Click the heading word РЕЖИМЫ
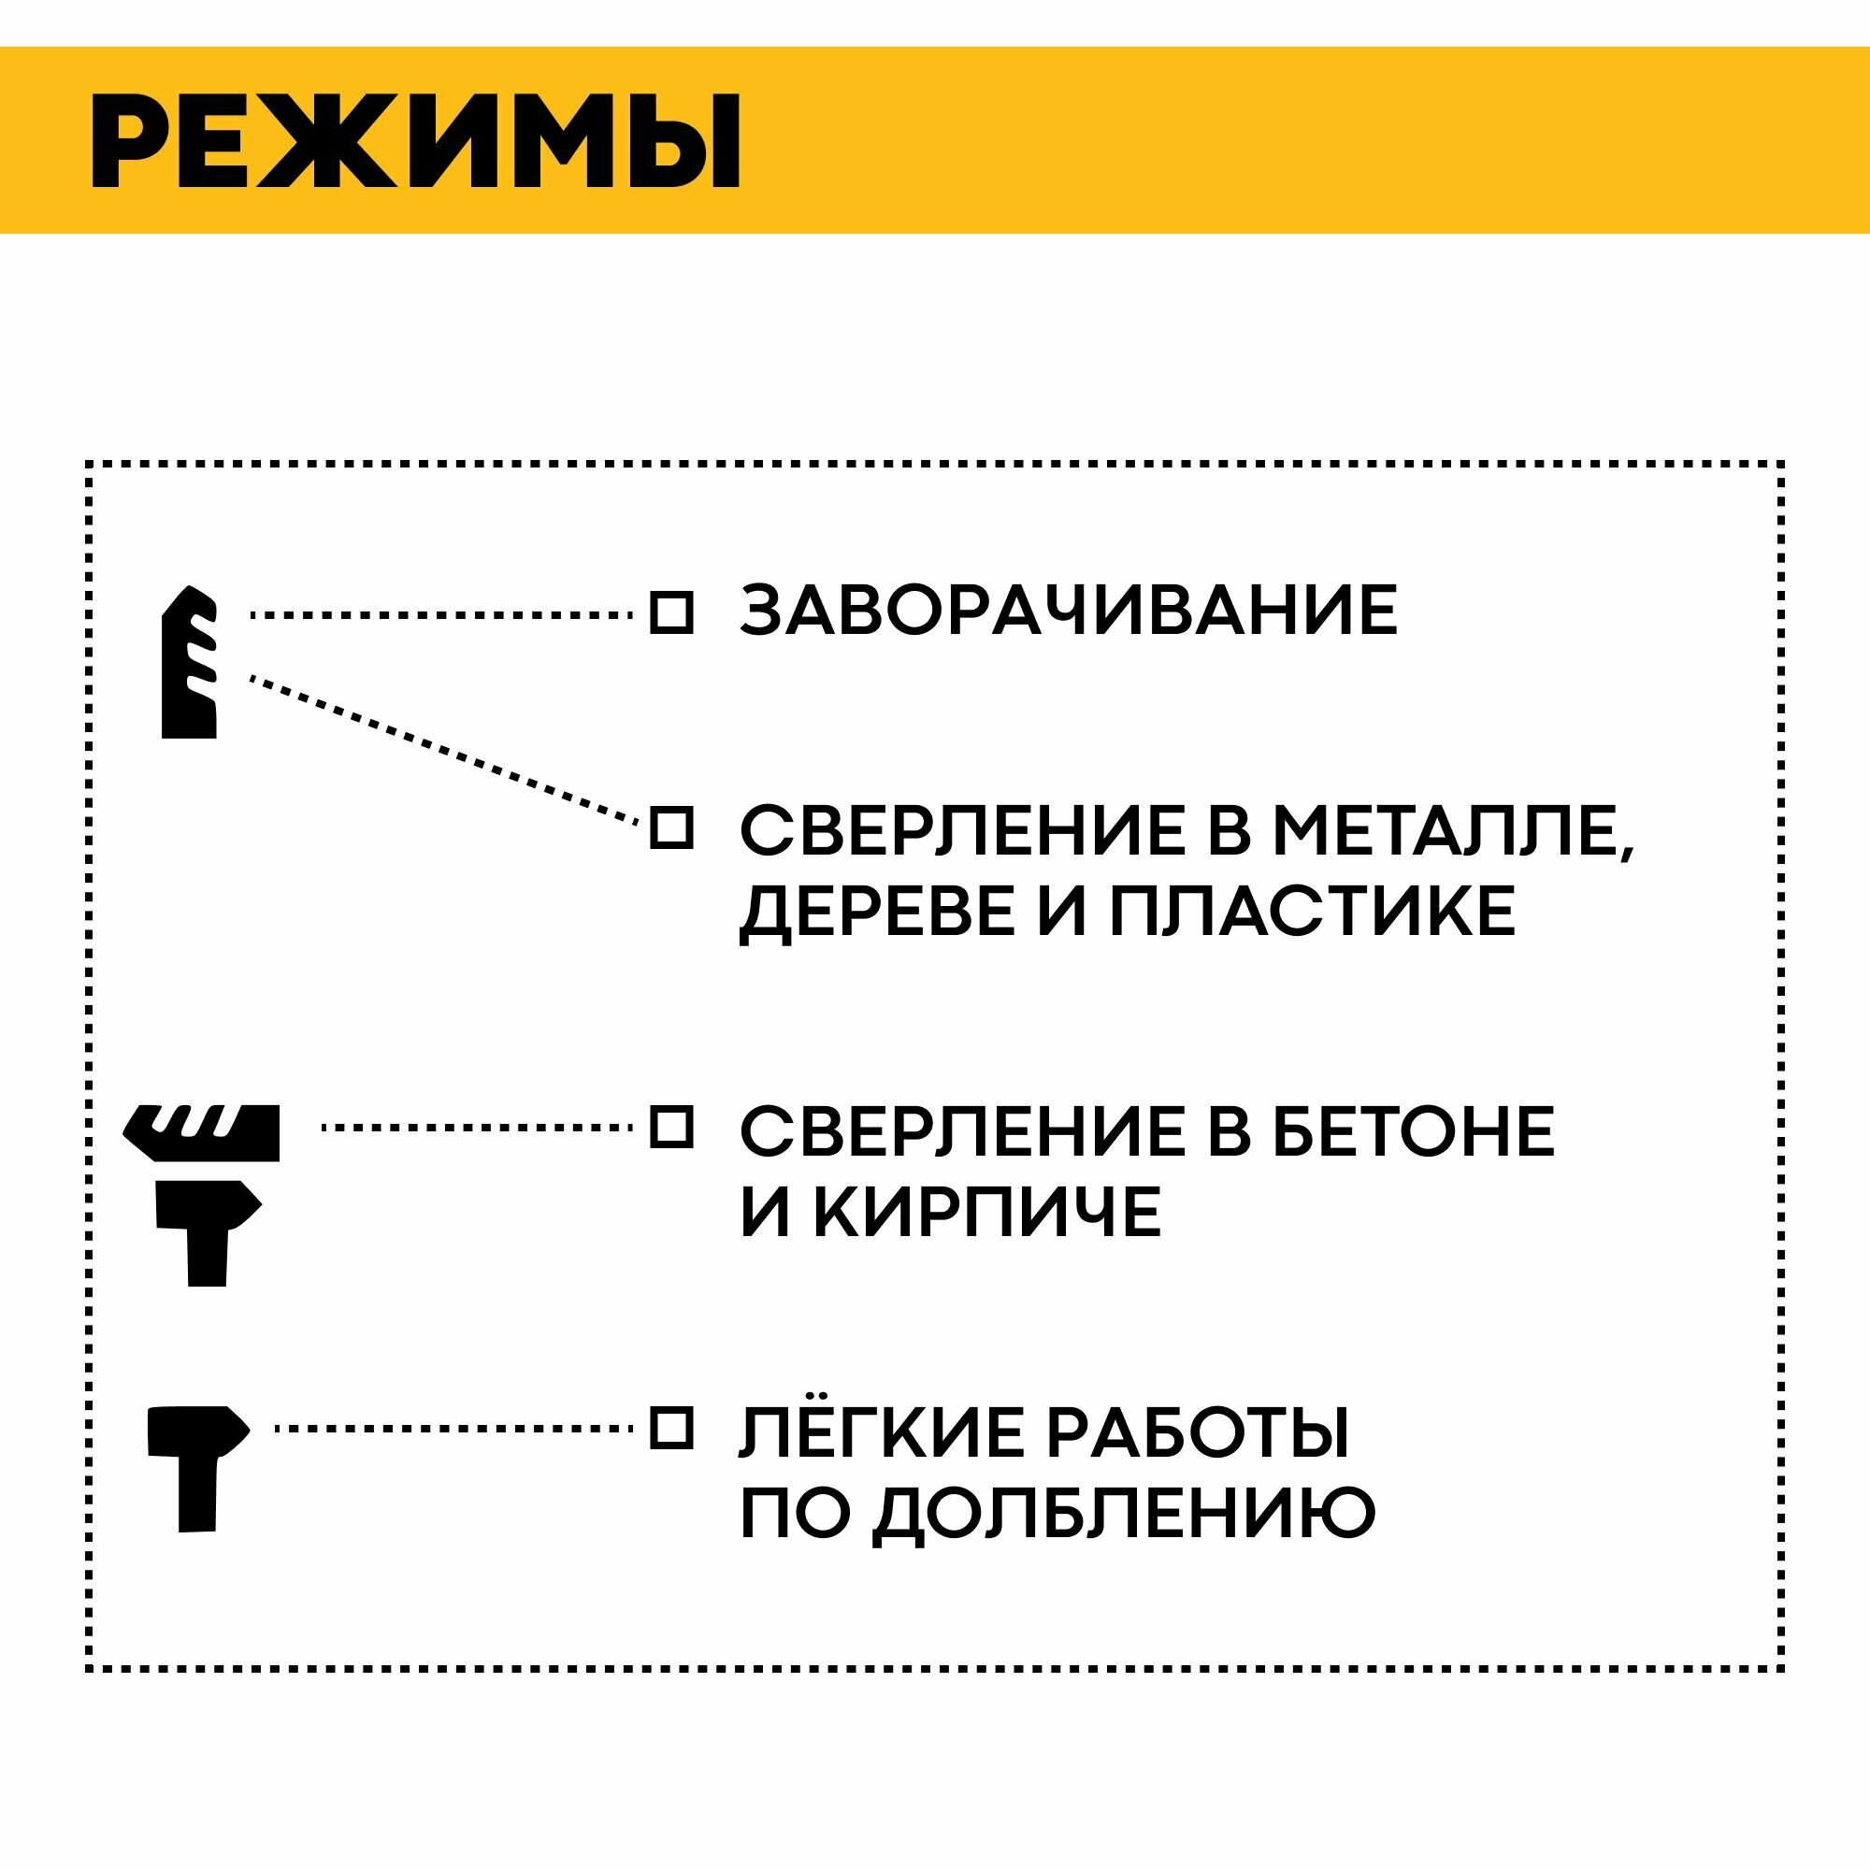click(x=416, y=141)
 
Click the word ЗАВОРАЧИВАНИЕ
click(x=1069, y=611)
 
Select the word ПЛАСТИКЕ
click(x=1312, y=912)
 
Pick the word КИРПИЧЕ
click(x=986, y=1212)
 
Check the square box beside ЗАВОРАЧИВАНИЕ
click(x=670, y=612)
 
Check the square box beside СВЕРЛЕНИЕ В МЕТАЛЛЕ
click(x=670, y=828)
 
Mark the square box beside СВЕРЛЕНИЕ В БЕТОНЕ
click(x=670, y=1128)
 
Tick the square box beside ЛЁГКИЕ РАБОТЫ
click(x=670, y=1428)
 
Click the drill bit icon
click(x=189, y=662)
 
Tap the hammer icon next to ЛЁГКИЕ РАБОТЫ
click(x=196, y=1467)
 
